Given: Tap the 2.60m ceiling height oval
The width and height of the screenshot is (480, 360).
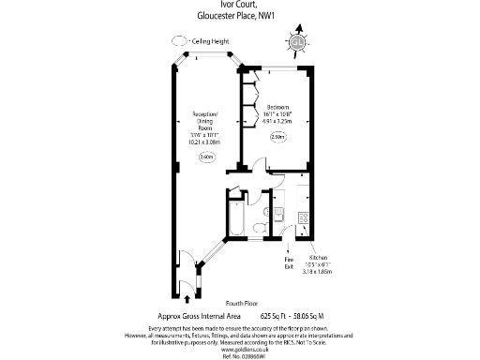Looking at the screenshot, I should tap(206, 157).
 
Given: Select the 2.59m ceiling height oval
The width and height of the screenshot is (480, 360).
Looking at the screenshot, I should tap(277, 138).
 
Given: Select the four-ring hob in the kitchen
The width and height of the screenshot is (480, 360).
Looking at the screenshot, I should tap(303, 218).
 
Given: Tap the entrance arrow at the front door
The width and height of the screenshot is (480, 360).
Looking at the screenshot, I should tap(192, 297).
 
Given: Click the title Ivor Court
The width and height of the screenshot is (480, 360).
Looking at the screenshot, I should tap(239, 5).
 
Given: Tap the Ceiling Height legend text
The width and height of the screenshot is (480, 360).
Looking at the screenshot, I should tap(212, 42).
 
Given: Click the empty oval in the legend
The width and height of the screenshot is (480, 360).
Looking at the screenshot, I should tap(178, 42).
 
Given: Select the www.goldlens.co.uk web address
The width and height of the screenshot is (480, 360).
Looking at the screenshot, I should tap(239, 347).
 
